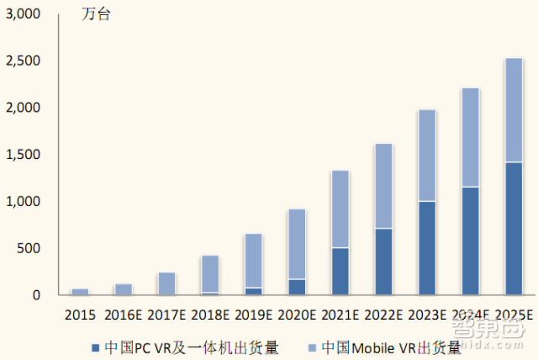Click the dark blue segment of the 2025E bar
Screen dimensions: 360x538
[513, 228]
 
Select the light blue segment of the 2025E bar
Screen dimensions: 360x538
[513, 110]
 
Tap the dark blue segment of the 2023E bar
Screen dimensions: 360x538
[426, 248]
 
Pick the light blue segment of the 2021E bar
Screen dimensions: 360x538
[340, 209]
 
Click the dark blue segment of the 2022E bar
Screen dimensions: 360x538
[382, 261]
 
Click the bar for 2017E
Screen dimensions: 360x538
[166, 283]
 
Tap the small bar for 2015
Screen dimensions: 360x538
[80, 291]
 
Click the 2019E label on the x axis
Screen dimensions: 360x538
[253, 315]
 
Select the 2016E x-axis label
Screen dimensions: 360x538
[124, 315]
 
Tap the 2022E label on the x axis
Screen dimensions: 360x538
[382, 315]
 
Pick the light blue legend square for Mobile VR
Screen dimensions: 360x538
[314, 347]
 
